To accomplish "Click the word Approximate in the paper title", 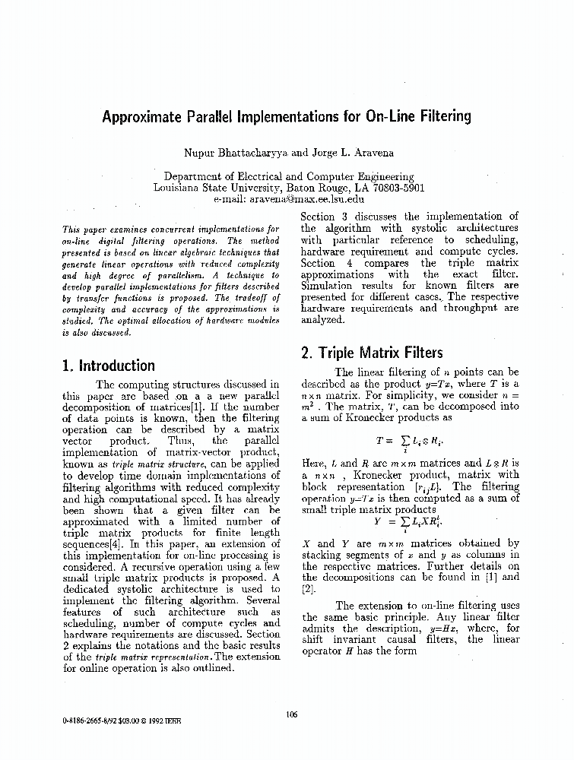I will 144,117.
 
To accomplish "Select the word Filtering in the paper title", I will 438,117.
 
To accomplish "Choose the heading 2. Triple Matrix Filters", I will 372,353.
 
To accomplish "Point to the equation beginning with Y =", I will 404,522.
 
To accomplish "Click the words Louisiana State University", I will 217,187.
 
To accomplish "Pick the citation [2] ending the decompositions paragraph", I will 307,588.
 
